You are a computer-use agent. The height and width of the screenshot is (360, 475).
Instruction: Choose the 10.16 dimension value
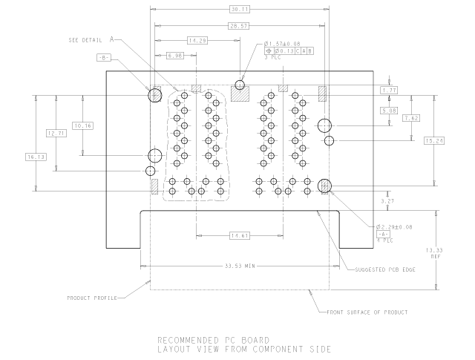[x=82, y=125]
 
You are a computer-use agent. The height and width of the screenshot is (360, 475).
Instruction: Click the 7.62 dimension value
[x=410, y=118]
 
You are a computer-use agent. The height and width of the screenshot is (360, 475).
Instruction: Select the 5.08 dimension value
[x=389, y=111]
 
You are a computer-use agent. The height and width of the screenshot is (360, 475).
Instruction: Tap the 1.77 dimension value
[x=389, y=90]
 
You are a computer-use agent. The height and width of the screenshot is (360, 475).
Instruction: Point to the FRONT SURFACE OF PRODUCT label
[x=367, y=312]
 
